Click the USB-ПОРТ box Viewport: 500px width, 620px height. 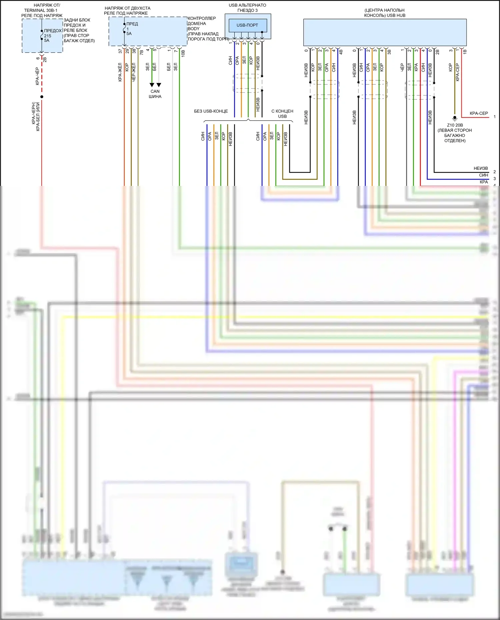[248, 25]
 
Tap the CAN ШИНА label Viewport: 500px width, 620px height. [155, 94]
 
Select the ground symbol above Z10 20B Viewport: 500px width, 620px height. [455, 118]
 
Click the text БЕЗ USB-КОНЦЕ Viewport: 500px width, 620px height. [211, 111]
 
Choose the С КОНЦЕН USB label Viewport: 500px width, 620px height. [282, 114]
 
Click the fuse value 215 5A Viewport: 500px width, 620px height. [47, 38]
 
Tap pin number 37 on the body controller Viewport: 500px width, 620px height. [120, 51]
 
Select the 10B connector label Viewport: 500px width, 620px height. [183, 53]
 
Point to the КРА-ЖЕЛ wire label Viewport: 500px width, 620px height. [120, 72]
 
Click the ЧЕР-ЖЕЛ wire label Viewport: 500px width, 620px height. [134, 72]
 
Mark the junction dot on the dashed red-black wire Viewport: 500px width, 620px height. [42, 97]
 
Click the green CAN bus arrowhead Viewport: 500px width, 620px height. [152, 85]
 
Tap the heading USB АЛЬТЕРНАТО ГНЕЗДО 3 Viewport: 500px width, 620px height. [247, 8]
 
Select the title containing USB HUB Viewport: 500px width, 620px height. [385, 13]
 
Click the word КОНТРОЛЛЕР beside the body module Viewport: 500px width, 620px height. [202, 18]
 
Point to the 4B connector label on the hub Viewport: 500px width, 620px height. [341, 52]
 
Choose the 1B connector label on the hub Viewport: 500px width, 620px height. [465, 52]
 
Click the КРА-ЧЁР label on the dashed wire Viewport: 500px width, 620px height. [37, 76]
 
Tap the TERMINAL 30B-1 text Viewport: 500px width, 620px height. [41, 10]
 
